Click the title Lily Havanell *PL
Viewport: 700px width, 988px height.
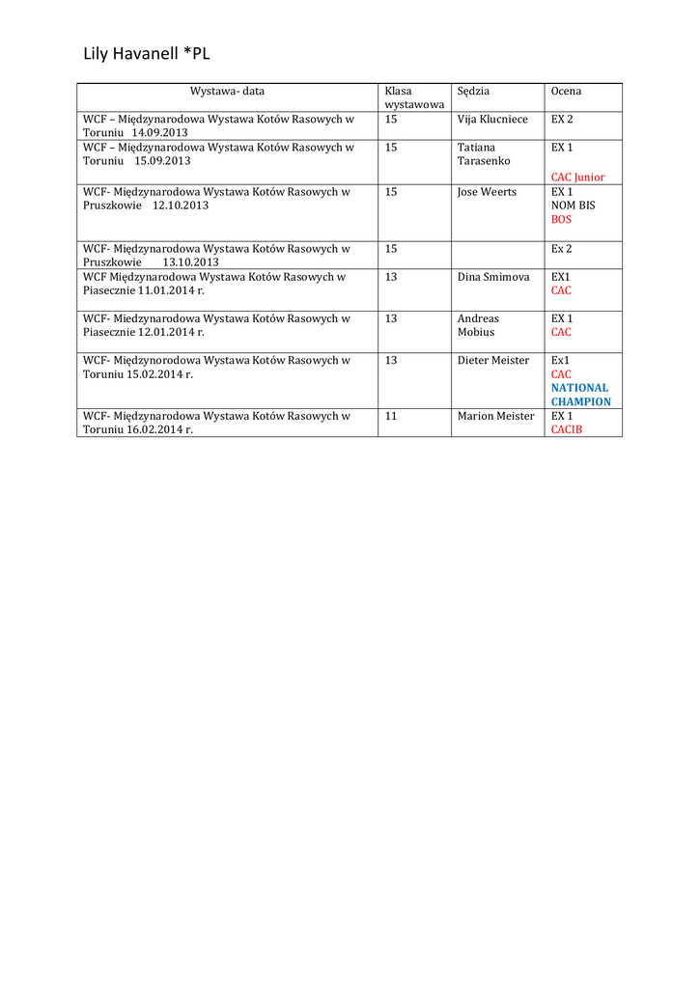147,55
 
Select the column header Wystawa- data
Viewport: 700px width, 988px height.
227,92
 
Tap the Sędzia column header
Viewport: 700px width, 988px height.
473,92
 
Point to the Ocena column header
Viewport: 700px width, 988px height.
566,92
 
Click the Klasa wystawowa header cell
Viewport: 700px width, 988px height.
413,97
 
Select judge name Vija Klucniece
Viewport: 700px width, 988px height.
492,120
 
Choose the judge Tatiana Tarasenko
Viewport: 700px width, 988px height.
484,154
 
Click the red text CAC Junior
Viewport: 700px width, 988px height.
577,178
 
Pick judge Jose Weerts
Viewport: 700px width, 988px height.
487,192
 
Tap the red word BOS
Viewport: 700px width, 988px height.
561,220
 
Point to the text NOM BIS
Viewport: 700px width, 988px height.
573,206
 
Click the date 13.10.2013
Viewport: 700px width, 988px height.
190,262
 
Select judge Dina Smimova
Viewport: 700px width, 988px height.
493,277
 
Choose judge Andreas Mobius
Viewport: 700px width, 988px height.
478,325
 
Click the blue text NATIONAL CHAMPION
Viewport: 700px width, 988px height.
580,395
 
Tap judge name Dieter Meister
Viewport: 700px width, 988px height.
493,361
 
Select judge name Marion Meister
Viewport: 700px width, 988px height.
495,417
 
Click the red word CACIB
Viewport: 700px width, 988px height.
567,430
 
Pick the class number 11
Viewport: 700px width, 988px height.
391,417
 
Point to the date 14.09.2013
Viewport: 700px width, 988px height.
159,133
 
